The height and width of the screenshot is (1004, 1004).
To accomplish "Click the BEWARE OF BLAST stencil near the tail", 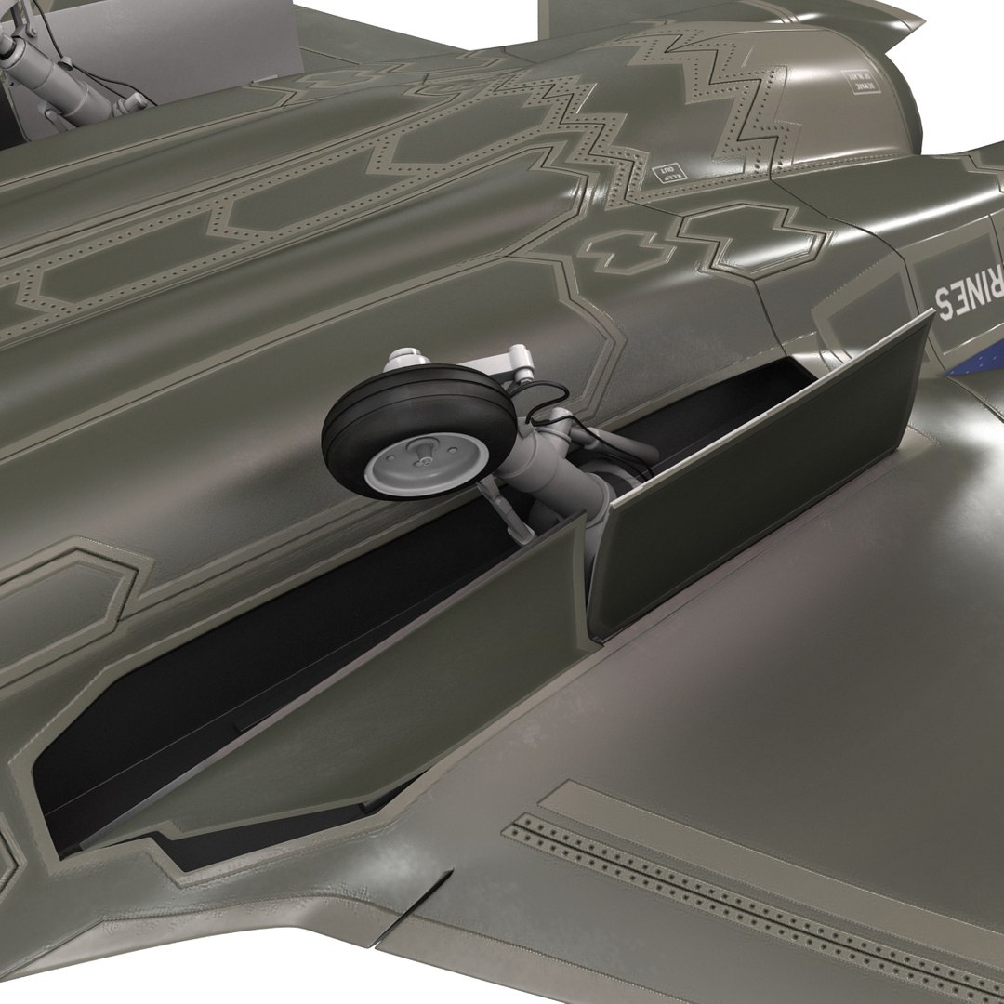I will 860,81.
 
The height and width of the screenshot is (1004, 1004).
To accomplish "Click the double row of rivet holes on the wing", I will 744,892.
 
